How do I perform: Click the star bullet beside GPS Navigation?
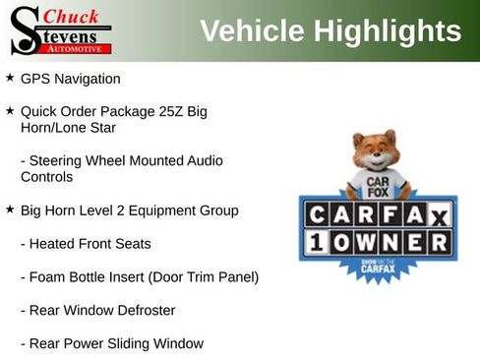(x=10, y=77)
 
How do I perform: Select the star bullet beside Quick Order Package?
(x=10, y=110)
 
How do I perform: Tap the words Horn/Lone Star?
(x=68, y=128)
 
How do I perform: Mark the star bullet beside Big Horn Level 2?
(x=10, y=210)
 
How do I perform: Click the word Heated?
(x=54, y=243)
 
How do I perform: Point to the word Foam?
(x=48, y=277)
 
